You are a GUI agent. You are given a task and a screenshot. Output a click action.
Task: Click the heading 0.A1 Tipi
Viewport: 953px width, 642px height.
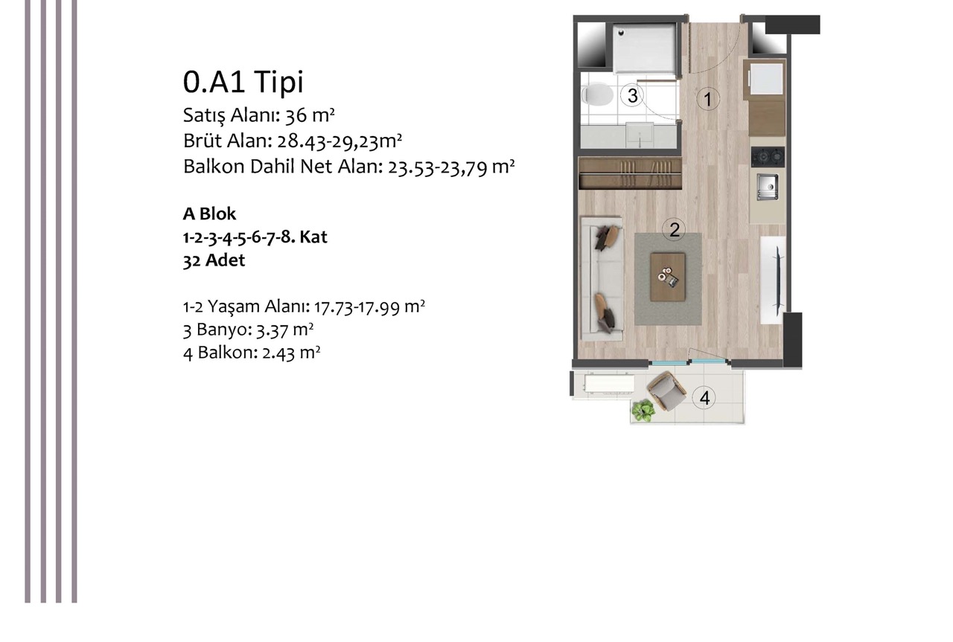tap(243, 82)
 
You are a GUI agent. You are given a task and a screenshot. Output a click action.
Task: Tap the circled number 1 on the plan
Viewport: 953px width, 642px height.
tap(708, 100)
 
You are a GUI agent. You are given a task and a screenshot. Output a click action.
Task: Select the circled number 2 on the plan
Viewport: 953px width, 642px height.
tap(675, 230)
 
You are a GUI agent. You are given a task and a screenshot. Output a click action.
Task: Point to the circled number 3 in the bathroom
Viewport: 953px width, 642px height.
tap(632, 95)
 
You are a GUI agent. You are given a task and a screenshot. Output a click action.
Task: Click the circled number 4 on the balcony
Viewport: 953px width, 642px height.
tap(704, 398)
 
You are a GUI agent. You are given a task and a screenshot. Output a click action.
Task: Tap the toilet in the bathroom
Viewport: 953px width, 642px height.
tap(597, 94)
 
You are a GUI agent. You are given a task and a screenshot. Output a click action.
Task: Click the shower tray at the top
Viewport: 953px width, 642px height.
tap(644, 49)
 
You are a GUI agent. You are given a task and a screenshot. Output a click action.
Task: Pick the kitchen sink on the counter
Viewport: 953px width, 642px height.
tap(768, 187)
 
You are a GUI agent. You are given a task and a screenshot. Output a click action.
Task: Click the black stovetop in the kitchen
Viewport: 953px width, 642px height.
tap(768, 156)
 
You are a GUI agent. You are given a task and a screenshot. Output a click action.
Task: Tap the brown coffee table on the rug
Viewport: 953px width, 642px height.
tap(668, 277)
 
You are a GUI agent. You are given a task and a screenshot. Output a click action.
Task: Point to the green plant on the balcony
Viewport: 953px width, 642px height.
tap(643, 411)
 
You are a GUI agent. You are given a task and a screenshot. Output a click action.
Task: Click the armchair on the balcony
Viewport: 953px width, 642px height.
tap(666, 391)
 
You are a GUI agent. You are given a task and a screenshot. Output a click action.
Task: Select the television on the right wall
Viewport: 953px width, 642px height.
tap(778, 280)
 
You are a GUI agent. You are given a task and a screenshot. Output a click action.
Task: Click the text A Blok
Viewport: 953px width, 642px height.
tap(209, 214)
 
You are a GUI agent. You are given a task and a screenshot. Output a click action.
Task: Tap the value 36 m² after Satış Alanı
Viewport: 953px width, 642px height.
tap(310, 115)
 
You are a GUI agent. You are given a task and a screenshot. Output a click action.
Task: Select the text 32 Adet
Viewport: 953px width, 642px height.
tap(214, 260)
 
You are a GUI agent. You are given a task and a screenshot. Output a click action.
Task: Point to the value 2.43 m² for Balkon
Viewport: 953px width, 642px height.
tap(291, 353)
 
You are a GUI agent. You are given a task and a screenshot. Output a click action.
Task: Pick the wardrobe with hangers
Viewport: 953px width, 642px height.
tap(631, 173)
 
